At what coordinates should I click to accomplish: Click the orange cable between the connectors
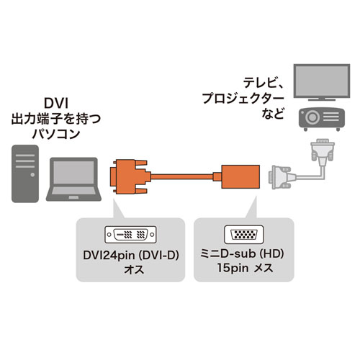coord(184,175)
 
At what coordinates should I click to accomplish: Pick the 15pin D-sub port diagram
coord(244,234)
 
